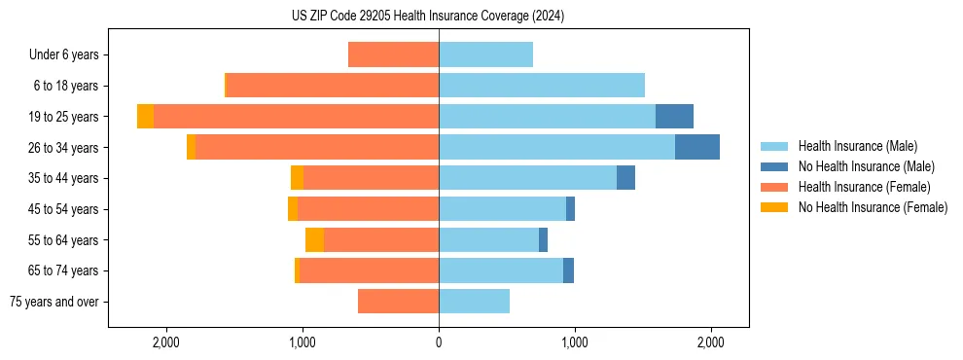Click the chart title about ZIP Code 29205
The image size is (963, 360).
[x=428, y=17]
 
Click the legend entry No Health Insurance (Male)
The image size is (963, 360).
[x=866, y=166]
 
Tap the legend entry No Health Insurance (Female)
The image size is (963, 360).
[x=872, y=207]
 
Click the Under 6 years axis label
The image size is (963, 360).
[x=64, y=55]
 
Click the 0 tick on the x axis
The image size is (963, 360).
[x=439, y=342]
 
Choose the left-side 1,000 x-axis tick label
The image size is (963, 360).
[x=303, y=342]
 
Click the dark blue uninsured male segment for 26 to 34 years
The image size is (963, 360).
[x=697, y=147]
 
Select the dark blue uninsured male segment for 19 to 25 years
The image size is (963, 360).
[x=674, y=116]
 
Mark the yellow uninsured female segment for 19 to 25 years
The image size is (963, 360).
[x=145, y=116]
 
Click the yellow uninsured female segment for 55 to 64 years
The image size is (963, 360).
[x=314, y=239]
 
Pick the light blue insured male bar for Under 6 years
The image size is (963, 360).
[x=485, y=54]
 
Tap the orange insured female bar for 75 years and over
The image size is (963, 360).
[x=398, y=302]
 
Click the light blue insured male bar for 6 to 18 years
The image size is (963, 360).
[x=542, y=86]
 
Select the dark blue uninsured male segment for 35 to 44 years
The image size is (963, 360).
[x=625, y=178]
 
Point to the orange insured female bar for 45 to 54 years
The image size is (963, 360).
[x=368, y=209]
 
